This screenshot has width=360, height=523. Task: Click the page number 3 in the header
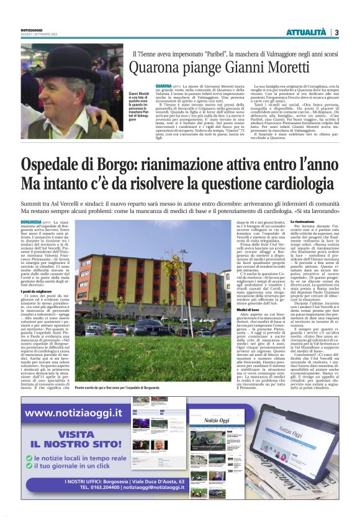point(336,32)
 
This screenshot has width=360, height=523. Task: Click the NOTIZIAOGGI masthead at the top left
point(31,29)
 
